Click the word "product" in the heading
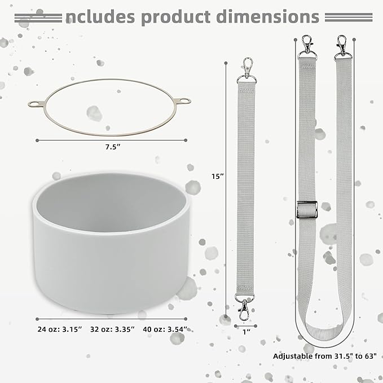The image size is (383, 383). (x=175, y=17)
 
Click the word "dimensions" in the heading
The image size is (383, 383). (x=268, y=16)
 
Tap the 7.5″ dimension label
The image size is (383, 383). (x=113, y=147)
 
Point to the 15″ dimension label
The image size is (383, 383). (x=218, y=176)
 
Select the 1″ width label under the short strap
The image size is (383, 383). (x=246, y=332)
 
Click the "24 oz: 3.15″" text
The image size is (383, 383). (x=60, y=329)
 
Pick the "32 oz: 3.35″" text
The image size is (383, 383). (x=112, y=329)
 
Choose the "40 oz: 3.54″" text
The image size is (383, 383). (x=165, y=329)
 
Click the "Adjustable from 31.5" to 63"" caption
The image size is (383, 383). (x=325, y=356)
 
